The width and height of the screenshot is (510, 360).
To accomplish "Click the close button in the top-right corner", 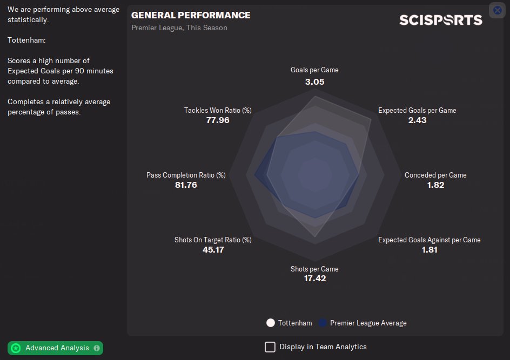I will pyautogui.click(x=498, y=10).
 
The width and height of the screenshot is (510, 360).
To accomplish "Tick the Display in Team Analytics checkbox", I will pyautogui.click(x=270, y=347).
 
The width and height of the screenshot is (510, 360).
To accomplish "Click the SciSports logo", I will pyautogui.click(x=440, y=20).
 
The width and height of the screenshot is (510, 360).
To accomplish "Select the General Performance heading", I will pyautogui.click(x=191, y=15).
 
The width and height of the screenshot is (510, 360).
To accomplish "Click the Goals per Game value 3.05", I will pyautogui.click(x=314, y=82).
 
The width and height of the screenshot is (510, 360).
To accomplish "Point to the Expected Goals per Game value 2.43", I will pyautogui.click(x=417, y=120).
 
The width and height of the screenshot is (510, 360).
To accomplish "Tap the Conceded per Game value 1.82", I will pyautogui.click(x=435, y=185).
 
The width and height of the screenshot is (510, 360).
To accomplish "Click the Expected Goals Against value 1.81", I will pyautogui.click(x=430, y=250).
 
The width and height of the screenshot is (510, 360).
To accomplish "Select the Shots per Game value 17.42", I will pyautogui.click(x=314, y=279).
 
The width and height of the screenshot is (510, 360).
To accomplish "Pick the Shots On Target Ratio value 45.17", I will pyautogui.click(x=213, y=250).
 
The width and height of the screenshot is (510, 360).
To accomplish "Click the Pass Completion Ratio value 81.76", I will pyautogui.click(x=186, y=185).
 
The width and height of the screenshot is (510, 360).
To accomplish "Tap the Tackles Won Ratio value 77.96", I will pyautogui.click(x=218, y=120).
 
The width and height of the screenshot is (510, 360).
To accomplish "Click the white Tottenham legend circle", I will pyautogui.click(x=271, y=323).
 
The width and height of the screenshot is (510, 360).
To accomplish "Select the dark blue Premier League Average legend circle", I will pyautogui.click(x=323, y=323).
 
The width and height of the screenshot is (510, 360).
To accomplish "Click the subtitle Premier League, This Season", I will pyautogui.click(x=179, y=28).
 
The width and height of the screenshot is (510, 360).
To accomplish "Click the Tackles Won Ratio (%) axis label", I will pyautogui.click(x=218, y=110).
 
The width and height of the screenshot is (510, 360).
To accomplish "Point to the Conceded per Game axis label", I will pyautogui.click(x=435, y=175).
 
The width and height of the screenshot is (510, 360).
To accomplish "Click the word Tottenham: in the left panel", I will pyautogui.click(x=26, y=40).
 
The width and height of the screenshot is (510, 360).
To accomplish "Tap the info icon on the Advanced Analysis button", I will pyautogui.click(x=97, y=348).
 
